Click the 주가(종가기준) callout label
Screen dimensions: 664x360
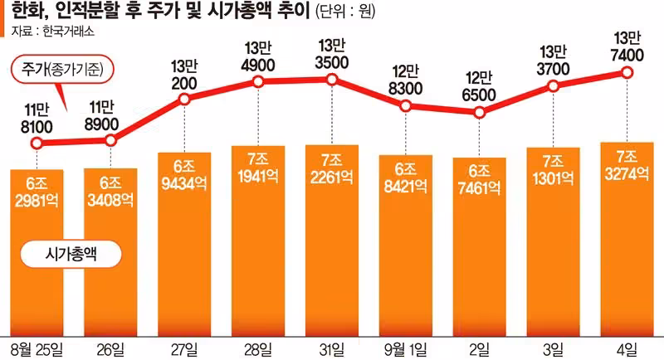pos(63,69)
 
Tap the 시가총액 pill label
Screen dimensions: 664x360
pos(71,255)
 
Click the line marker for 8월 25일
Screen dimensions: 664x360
pos(37,144)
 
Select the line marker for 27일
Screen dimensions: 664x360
pos(184,100)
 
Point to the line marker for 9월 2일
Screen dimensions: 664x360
pos(479,113)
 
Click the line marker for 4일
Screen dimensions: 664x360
pos(627,73)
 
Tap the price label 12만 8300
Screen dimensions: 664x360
pos(405,80)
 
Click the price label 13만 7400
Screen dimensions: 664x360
pos(627,46)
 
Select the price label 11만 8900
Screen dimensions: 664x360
pos(101,116)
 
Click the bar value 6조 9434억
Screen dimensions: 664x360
pos(184,175)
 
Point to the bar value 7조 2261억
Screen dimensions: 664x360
pos(331,169)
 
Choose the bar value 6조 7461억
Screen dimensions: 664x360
pos(479,180)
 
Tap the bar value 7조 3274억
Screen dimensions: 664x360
pos(627,165)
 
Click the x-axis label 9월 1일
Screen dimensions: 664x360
pos(405,350)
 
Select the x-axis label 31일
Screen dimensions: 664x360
pos(331,350)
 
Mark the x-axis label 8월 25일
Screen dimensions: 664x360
pos(37,350)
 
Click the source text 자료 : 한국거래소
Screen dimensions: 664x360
pos(52,32)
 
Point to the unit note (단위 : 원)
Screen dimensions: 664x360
pos(345,12)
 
